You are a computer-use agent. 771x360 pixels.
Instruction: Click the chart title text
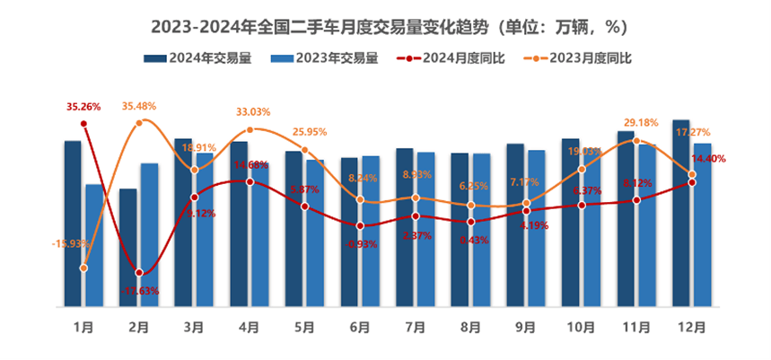tap(385, 22)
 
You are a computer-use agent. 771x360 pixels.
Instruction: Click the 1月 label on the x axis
tap(83, 329)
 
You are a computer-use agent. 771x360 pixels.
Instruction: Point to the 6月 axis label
tap(360, 329)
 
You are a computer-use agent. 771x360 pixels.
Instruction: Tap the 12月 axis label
tap(691, 329)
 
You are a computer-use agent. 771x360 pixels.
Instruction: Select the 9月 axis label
tap(526, 329)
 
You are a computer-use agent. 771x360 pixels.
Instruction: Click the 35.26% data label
tap(84, 107)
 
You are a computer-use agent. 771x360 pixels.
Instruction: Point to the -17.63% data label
tap(139, 290)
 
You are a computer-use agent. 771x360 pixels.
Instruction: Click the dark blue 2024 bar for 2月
tap(128, 247)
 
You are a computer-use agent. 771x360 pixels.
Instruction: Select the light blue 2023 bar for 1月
tap(94, 244)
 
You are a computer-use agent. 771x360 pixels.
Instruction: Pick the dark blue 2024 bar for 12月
tap(681, 213)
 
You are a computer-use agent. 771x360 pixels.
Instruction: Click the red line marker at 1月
tap(83, 123)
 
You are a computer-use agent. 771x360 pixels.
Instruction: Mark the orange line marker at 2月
tap(139, 121)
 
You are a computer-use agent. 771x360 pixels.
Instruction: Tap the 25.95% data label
tap(308, 133)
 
